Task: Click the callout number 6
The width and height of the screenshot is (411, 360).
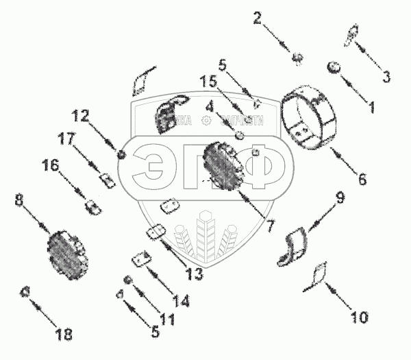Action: point(362,180)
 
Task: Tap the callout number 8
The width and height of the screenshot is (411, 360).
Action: point(19,200)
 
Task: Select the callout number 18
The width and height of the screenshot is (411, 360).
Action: point(63,335)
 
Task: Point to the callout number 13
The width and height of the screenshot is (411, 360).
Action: point(194,274)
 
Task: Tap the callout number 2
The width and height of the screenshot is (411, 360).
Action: point(258,18)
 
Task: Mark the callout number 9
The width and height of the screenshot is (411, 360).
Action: point(340,200)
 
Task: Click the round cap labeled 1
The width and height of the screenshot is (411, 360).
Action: point(335,67)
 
